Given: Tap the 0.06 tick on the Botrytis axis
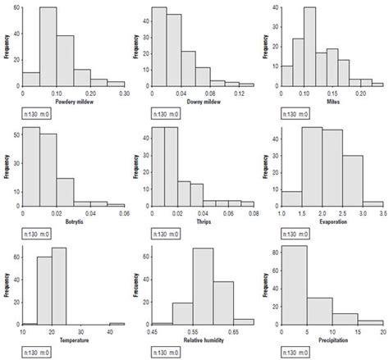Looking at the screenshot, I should [x=123, y=212].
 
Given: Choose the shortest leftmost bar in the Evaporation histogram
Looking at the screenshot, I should [x=291, y=198].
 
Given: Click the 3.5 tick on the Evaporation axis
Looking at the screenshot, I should [x=382, y=212].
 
